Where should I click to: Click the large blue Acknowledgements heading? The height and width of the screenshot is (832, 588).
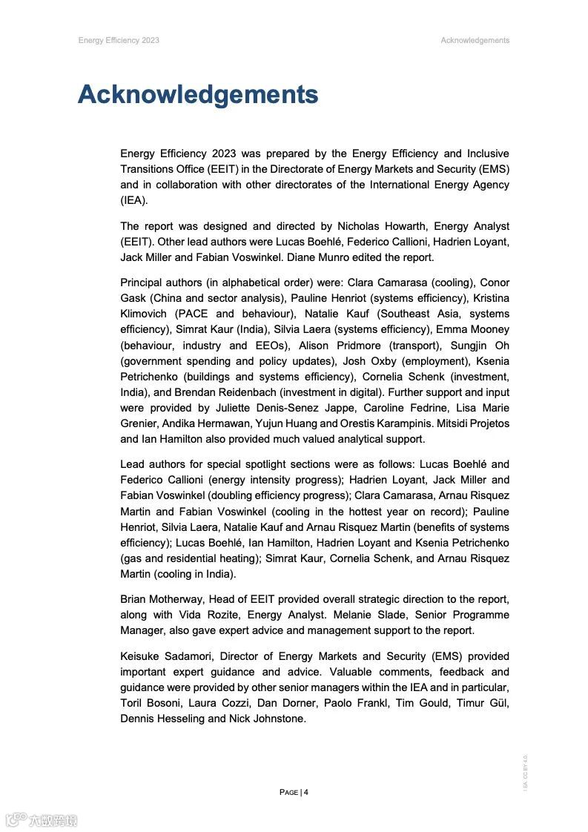[198, 95]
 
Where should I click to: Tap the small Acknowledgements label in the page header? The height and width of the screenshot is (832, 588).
[475, 40]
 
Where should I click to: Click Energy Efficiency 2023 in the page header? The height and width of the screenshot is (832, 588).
[119, 40]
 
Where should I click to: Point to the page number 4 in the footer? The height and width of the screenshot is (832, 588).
[305, 792]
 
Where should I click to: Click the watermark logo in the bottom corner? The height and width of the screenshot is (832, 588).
[42, 819]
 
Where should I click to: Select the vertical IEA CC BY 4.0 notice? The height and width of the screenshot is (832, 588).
[525, 772]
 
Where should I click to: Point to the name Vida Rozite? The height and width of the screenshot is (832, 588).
[208, 615]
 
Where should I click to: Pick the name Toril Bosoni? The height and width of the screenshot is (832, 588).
[150, 703]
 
